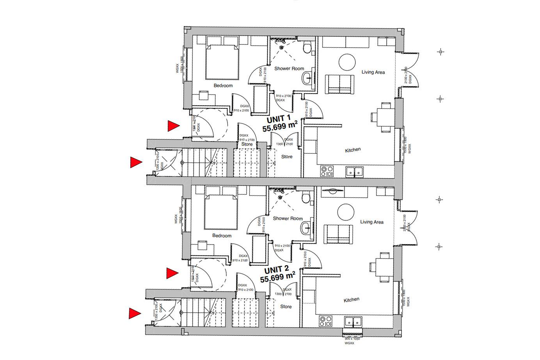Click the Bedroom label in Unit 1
click(x=223, y=85)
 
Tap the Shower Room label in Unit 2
click(x=288, y=218)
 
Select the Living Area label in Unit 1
click(x=373, y=72)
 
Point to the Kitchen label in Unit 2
click(x=351, y=300)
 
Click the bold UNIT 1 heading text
click(x=278, y=119)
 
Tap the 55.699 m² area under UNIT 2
click(x=277, y=278)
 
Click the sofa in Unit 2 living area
click(x=339, y=233)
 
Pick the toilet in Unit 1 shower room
click(x=307, y=48)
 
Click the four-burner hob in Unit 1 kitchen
click(x=327, y=171)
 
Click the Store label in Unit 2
click(x=286, y=307)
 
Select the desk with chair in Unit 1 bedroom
click(x=203, y=96)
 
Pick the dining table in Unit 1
click(x=384, y=116)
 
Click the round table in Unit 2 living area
click(x=346, y=212)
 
